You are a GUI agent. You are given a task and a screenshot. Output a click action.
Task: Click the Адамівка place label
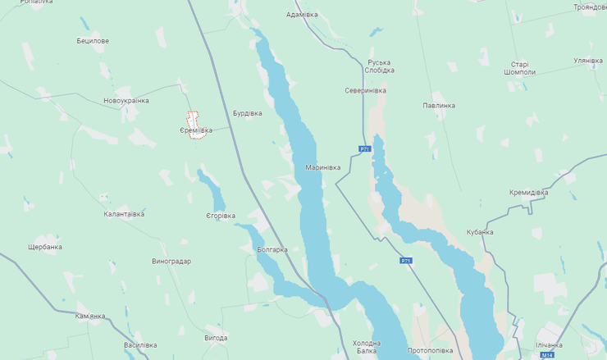click(x=302, y=14)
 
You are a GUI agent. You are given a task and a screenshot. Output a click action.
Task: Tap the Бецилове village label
click(x=93, y=40)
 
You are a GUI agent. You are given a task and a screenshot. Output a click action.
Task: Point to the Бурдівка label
click(x=247, y=113)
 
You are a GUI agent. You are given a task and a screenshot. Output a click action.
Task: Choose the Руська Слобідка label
click(x=380, y=66)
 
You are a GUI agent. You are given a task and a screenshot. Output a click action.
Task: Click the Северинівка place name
click(x=365, y=90)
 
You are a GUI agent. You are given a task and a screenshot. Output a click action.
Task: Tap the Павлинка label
click(x=439, y=105)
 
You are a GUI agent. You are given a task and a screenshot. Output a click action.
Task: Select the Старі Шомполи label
click(x=520, y=68)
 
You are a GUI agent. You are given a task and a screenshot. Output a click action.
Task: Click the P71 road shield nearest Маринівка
click(x=365, y=148)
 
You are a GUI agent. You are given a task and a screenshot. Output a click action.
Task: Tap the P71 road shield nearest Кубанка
click(x=406, y=260)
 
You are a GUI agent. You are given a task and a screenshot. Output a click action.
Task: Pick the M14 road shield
click(x=545, y=356)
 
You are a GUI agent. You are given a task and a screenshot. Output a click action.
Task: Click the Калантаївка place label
click(x=124, y=214)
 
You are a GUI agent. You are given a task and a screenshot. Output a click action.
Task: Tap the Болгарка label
click(x=272, y=249)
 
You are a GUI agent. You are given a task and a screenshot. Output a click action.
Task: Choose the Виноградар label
click(x=171, y=262)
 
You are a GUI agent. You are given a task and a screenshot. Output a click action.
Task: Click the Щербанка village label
click(x=44, y=247)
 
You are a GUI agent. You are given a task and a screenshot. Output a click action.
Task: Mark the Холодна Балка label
click(x=367, y=347)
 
